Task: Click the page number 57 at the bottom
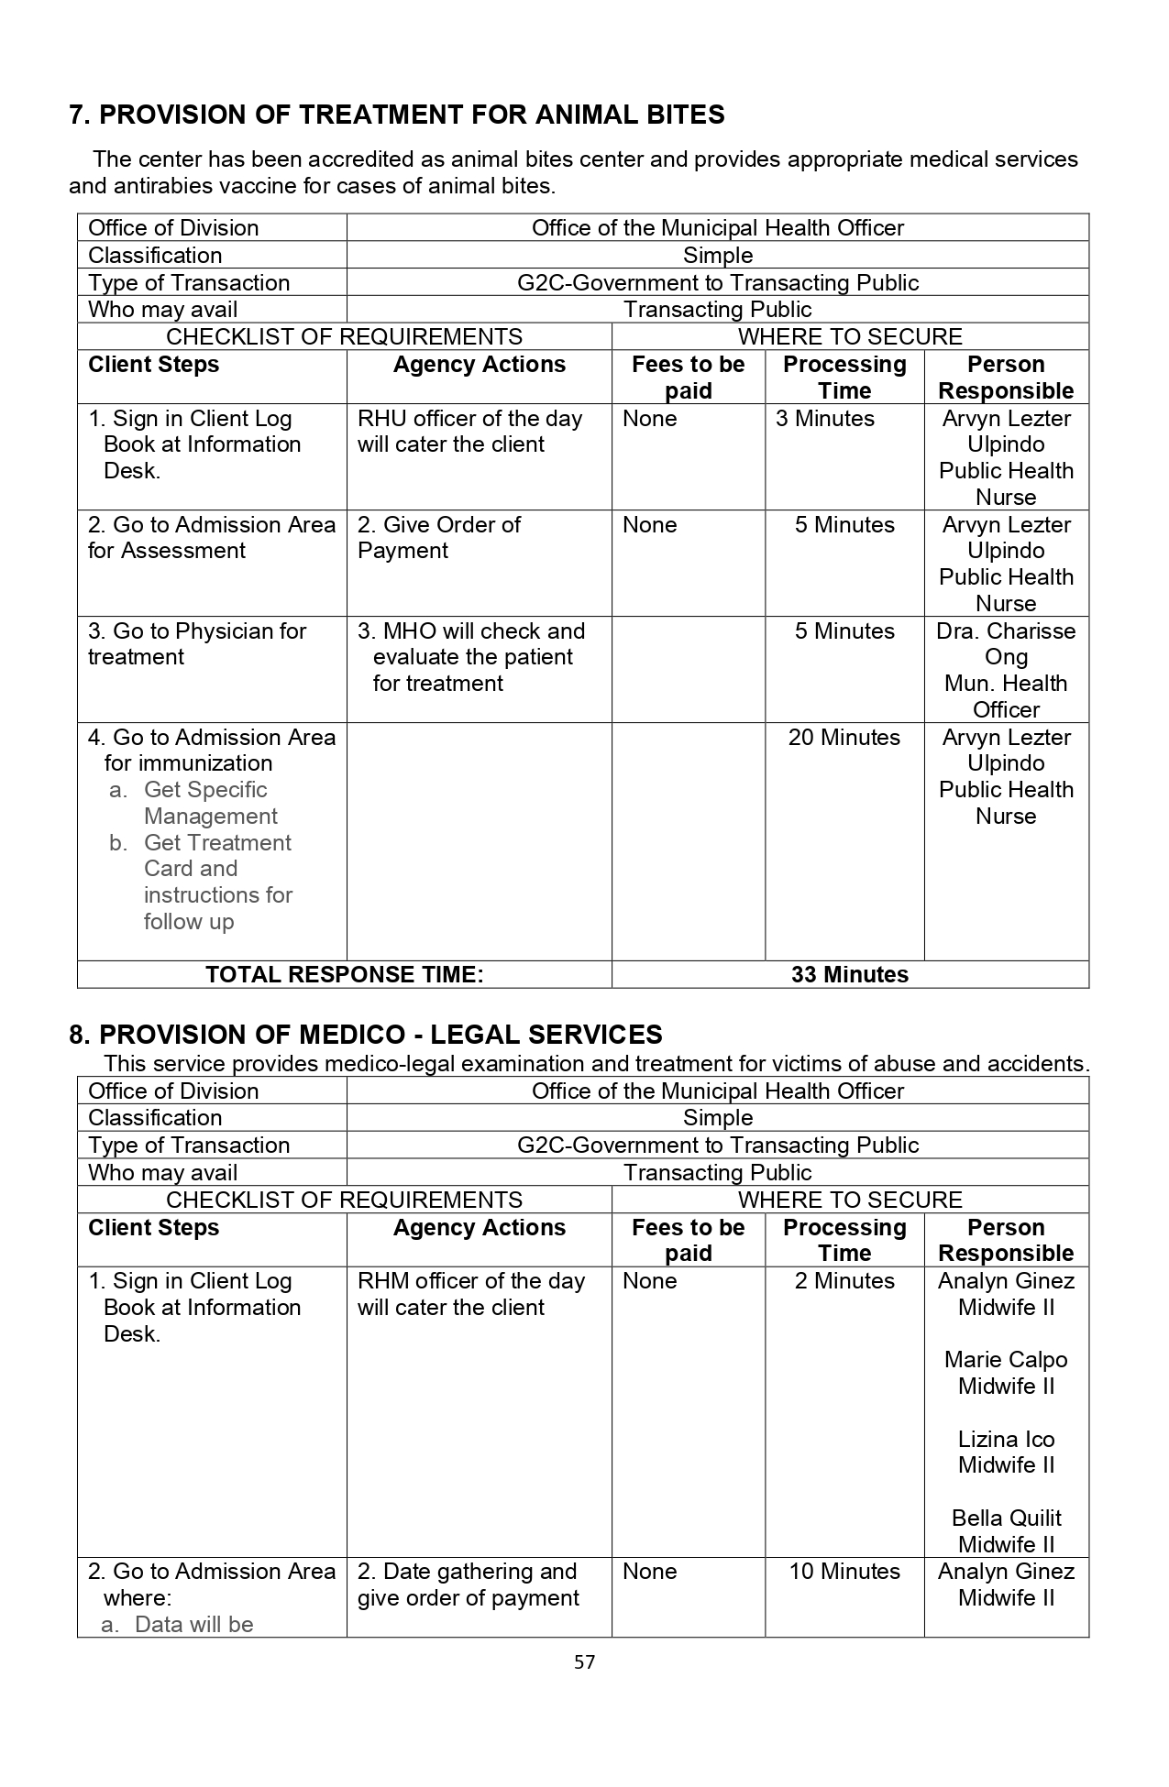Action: (584, 1661)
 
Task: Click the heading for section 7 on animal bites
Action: (396, 115)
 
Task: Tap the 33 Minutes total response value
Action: (849, 974)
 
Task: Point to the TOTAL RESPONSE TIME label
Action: (344, 974)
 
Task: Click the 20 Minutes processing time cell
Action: (844, 738)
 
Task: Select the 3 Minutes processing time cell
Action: (824, 419)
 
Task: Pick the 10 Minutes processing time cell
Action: (844, 1572)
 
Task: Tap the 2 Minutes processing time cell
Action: (844, 1281)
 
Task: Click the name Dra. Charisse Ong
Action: (1006, 643)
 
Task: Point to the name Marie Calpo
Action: (1006, 1360)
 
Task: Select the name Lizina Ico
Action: (1006, 1440)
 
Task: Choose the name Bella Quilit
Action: (1006, 1518)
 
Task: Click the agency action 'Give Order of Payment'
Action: (438, 538)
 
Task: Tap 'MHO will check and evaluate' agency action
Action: (471, 657)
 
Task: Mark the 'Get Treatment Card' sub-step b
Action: (217, 882)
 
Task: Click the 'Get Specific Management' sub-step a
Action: (209, 803)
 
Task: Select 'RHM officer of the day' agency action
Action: (470, 1294)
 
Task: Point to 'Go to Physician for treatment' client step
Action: (196, 643)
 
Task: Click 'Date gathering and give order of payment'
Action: (468, 1584)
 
